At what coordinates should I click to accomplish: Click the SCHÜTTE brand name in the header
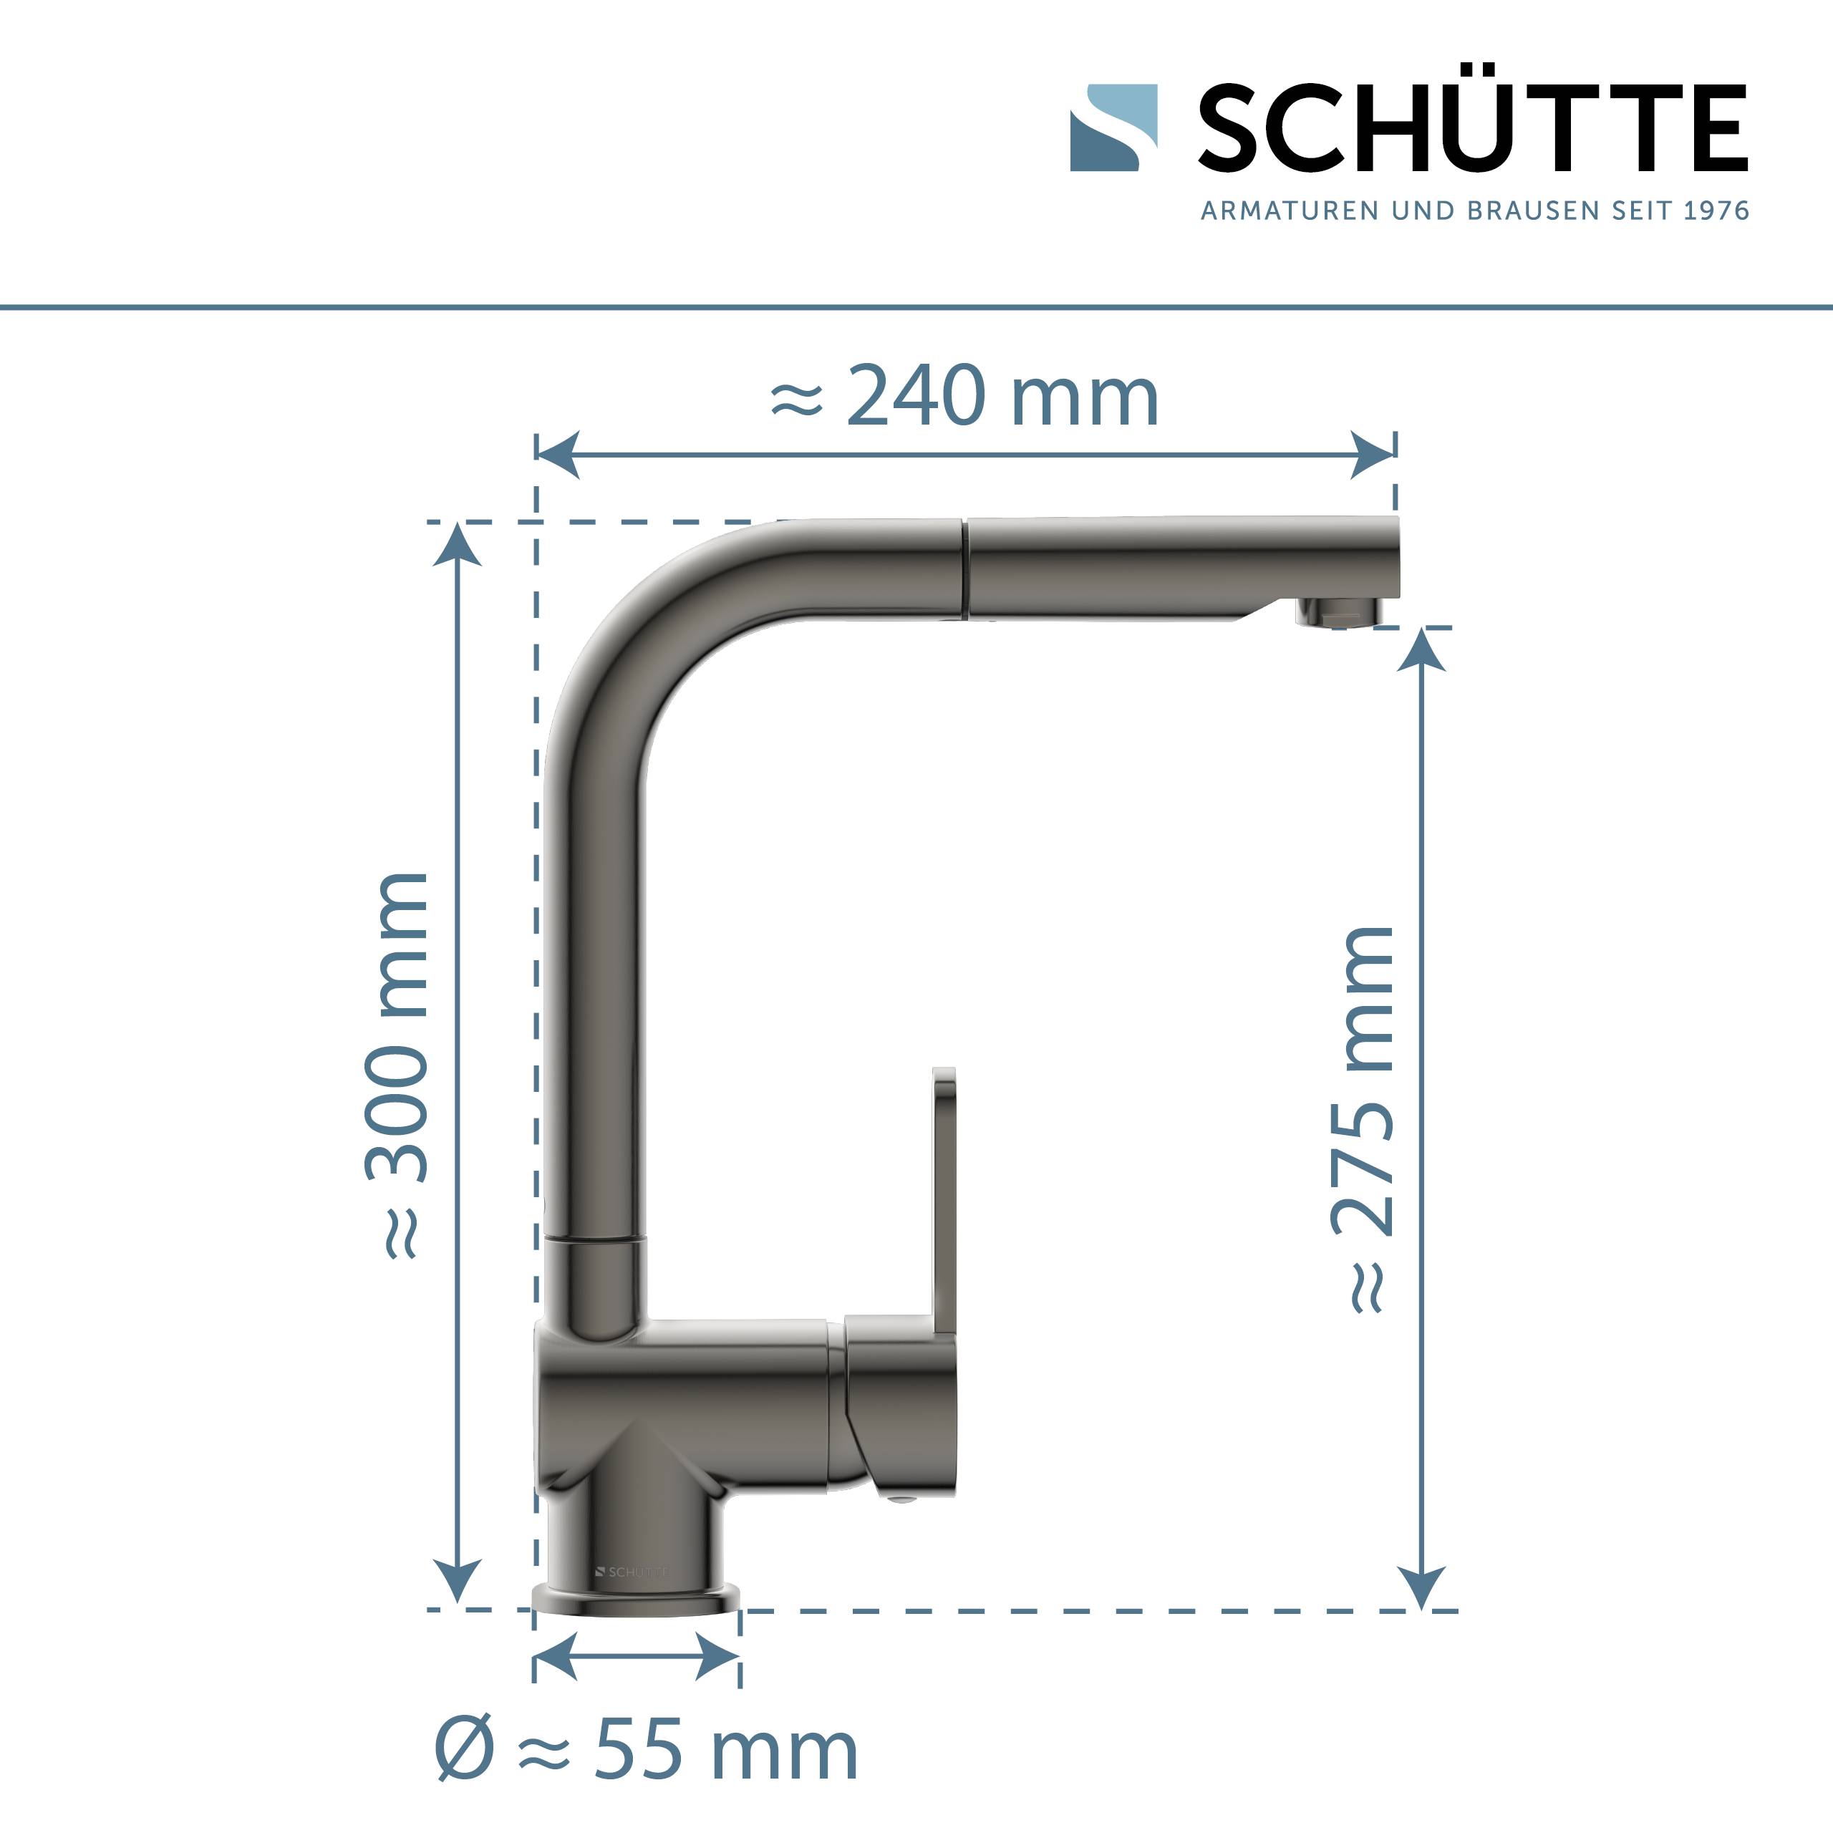tap(1471, 128)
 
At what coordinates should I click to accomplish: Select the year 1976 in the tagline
tap(1716, 211)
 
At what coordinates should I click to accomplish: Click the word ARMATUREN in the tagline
tap(1290, 211)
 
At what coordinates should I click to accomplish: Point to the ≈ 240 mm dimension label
tap(964, 397)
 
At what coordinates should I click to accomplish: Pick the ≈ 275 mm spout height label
tap(1363, 1120)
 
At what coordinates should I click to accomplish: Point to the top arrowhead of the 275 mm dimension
tap(1421, 650)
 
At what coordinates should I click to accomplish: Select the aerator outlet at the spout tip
tap(1337, 612)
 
